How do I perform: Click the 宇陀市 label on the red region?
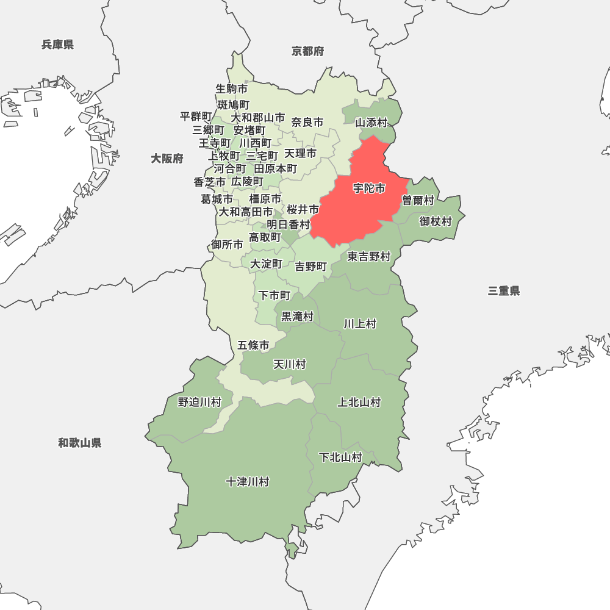click(369, 188)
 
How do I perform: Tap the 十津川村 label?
click(247, 482)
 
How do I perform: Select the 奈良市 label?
click(307, 122)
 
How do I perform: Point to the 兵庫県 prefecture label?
click(58, 44)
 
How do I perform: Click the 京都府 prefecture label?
click(308, 51)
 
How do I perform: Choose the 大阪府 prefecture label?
click(167, 159)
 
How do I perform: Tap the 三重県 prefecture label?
click(504, 291)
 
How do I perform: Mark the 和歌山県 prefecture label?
click(80, 443)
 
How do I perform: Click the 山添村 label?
click(371, 122)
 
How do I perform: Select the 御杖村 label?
click(436, 221)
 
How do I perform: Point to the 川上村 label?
click(360, 323)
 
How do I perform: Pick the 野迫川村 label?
click(199, 402)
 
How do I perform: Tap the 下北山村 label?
click(341, 457)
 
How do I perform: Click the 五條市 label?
click(253, 345)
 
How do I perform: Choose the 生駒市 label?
click(232, 89)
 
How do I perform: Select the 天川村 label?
click(289, 364)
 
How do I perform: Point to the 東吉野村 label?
click(369, 257)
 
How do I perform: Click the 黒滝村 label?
click(297, 317)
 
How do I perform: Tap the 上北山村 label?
click(359, 402)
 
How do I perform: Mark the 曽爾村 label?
click(418, 201)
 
